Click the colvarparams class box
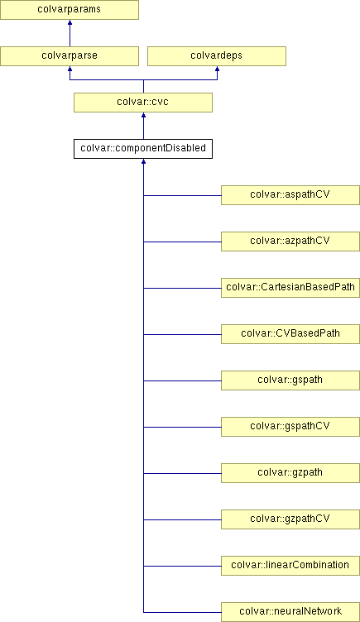(70, 10)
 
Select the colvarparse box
(70, 56)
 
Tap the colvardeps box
(217, 56)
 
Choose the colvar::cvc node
(143, 103)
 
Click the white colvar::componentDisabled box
(143, 149)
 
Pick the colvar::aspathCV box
(290, 195)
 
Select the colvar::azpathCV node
(290, 242)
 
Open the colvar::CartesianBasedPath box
(290, 288)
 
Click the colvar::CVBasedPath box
(290, 334)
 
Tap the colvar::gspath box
(290, 380)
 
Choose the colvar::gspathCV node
(290, 427)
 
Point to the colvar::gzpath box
(290, 473)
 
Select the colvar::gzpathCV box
(290, 519)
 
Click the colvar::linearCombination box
(290, 566)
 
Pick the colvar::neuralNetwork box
(290, 612)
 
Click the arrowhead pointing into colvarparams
(70, 22)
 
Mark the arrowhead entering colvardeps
(217, 69)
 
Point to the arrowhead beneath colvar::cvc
(143, 115)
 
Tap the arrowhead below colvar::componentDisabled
(143, 161)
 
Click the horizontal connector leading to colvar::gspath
(182, 380)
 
